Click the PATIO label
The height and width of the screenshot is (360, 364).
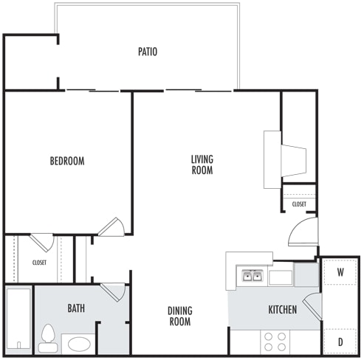148,52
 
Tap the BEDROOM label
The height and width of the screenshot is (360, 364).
67,161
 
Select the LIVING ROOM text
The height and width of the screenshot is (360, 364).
202,165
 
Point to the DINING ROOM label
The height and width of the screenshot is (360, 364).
179,316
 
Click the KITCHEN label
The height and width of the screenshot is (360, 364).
282,310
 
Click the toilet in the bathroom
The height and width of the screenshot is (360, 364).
49,336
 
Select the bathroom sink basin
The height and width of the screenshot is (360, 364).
79,345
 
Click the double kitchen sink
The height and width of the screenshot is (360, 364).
252,277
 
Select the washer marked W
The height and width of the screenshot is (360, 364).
340,271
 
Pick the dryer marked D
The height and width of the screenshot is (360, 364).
340,342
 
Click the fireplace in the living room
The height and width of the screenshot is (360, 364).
285,157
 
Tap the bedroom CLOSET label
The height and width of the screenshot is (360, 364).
39,261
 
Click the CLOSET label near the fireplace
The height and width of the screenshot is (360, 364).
299,204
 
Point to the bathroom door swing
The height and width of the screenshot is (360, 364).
114,291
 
